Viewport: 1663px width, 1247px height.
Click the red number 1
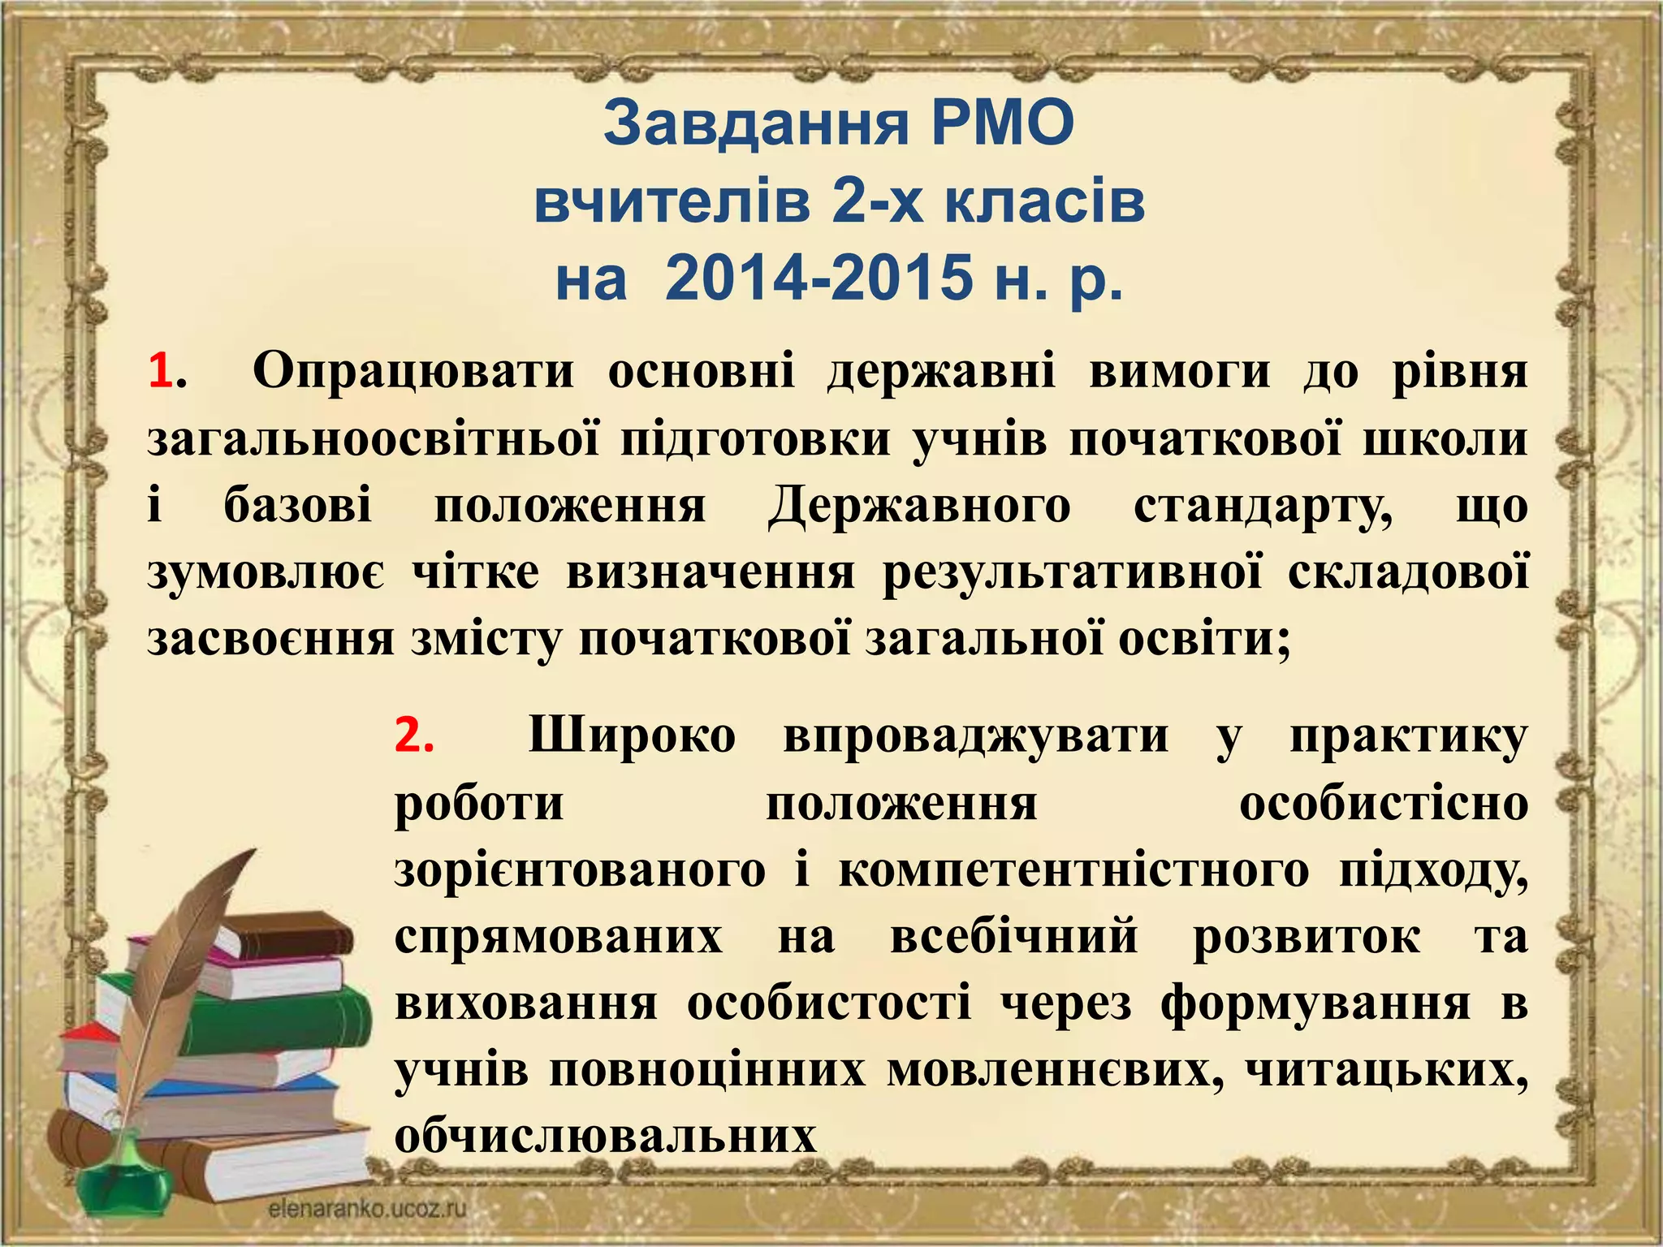coord(160,372)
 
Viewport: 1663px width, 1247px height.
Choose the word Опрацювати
coord(413,372)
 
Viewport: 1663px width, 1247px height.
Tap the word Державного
coord(918,506)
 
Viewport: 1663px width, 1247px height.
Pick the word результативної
coord(1072,572)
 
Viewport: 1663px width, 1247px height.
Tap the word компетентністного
coord(1073,871)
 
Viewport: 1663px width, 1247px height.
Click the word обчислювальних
coord(605,1137)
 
